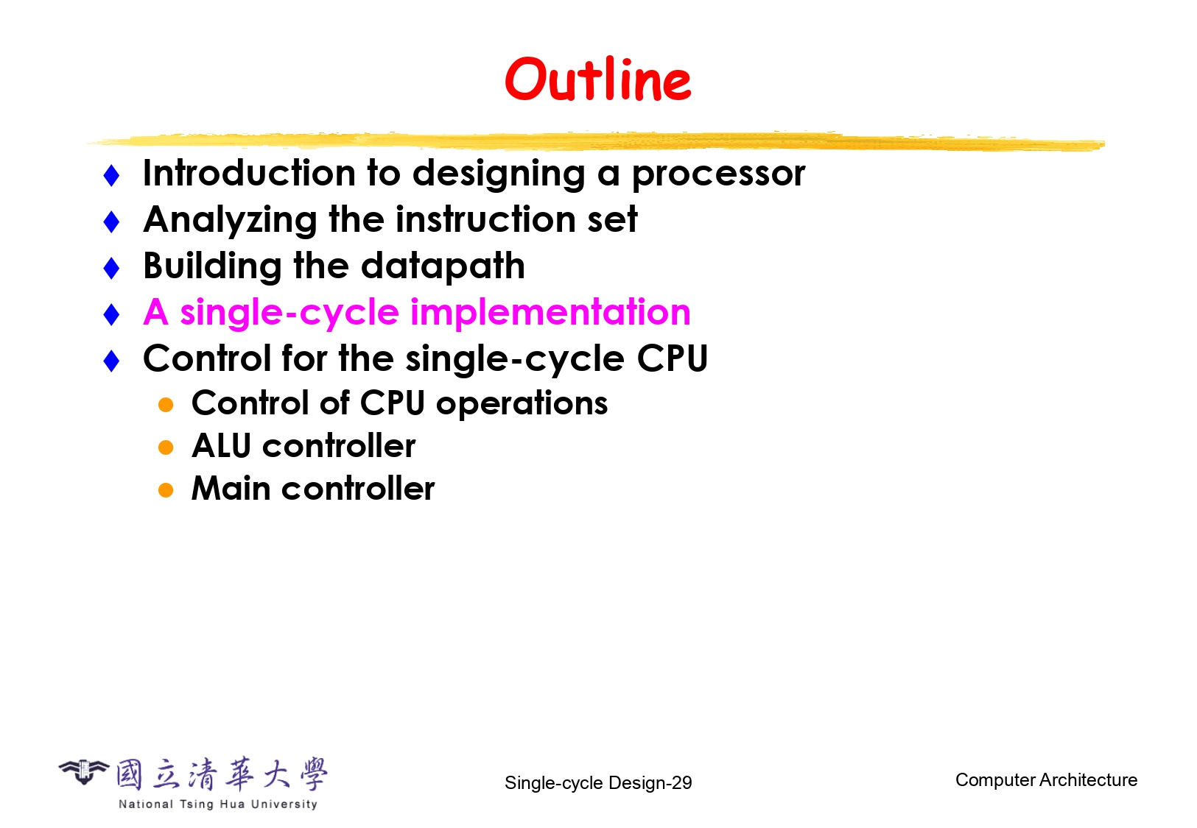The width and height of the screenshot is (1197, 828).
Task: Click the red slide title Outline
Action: (x=598, y=79)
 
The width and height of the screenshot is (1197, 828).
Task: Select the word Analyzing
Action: (x=231, y=221)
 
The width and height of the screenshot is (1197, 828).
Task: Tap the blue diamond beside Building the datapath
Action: (x=111, y=268)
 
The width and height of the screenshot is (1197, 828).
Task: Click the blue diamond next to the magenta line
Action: (x=111, y=314)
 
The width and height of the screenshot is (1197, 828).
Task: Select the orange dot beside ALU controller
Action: (x=166, y=447)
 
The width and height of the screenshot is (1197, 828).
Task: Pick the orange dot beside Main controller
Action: (x=166, y=490)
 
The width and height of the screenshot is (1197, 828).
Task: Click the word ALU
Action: (x=221, y=445)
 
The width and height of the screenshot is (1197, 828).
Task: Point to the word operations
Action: (x=522, y=404)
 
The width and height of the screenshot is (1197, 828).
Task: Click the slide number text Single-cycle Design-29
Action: (x=598, y=782)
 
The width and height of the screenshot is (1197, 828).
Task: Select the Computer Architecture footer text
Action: (x=1046, y=780)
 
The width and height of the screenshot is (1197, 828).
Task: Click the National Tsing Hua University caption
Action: (x=218, y=804)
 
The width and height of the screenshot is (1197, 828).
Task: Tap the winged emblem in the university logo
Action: (x=84, y=771)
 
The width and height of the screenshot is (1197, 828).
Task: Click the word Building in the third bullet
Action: (x=213, y=266)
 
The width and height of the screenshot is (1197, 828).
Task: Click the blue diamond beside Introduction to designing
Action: (x=111, y=175)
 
